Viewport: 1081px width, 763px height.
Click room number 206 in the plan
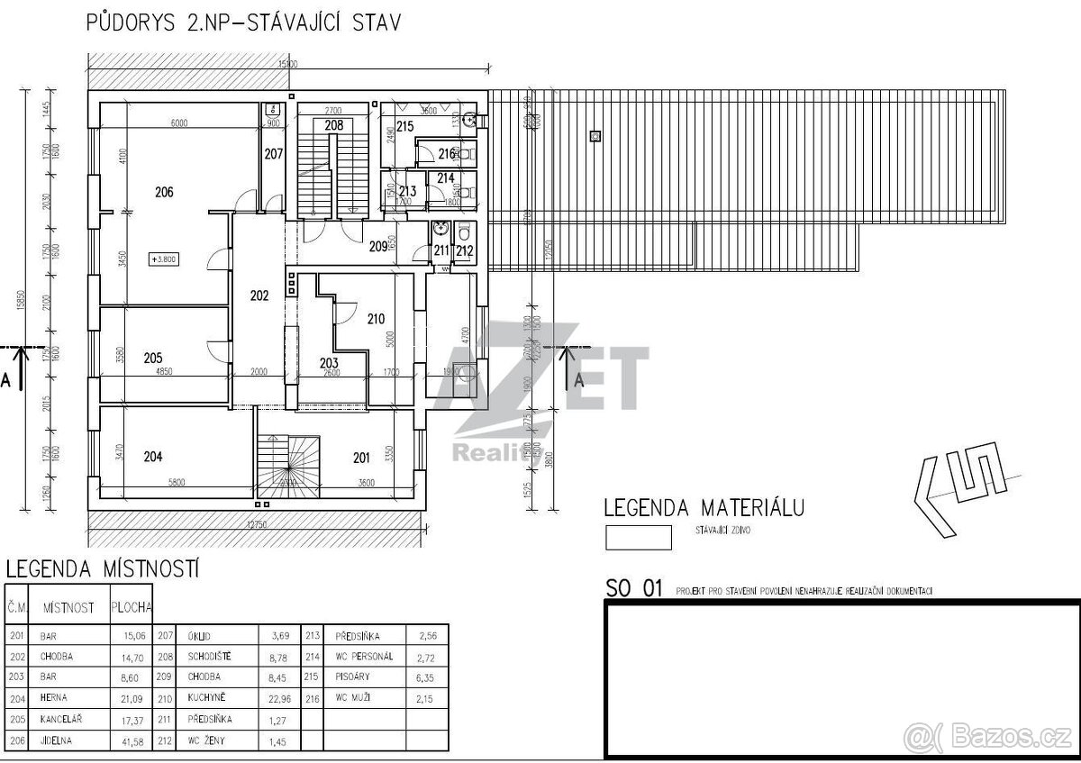click(x=163, y=191)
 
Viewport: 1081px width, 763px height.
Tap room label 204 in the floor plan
click(x=153, y=457)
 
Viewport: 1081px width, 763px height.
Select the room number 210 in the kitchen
click(x=376, y=317)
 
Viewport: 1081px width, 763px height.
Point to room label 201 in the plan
click(x=361, y=458)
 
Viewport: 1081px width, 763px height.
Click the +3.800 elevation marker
click(x=164, y=259)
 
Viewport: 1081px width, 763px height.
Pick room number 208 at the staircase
click(x=333, y=126)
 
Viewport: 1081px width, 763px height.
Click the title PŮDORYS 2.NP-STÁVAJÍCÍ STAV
click(x=243, y=22)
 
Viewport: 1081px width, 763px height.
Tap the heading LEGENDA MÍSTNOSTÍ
click(x=102, y=569)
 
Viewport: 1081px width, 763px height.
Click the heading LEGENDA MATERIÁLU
click(x=704, y=507)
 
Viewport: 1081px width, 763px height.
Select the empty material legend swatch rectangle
click(x=639, y=538)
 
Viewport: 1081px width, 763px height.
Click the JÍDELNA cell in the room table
click(x=56, y=740)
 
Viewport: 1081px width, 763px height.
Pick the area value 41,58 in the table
click(x=133, y=740)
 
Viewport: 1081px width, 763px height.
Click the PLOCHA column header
click(x=132, y=608)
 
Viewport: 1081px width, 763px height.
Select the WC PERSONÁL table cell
click(x=364, y=656)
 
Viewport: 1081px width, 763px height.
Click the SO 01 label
click(x=634, y=590)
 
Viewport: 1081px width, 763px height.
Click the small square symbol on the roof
click(x=595, y=136)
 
